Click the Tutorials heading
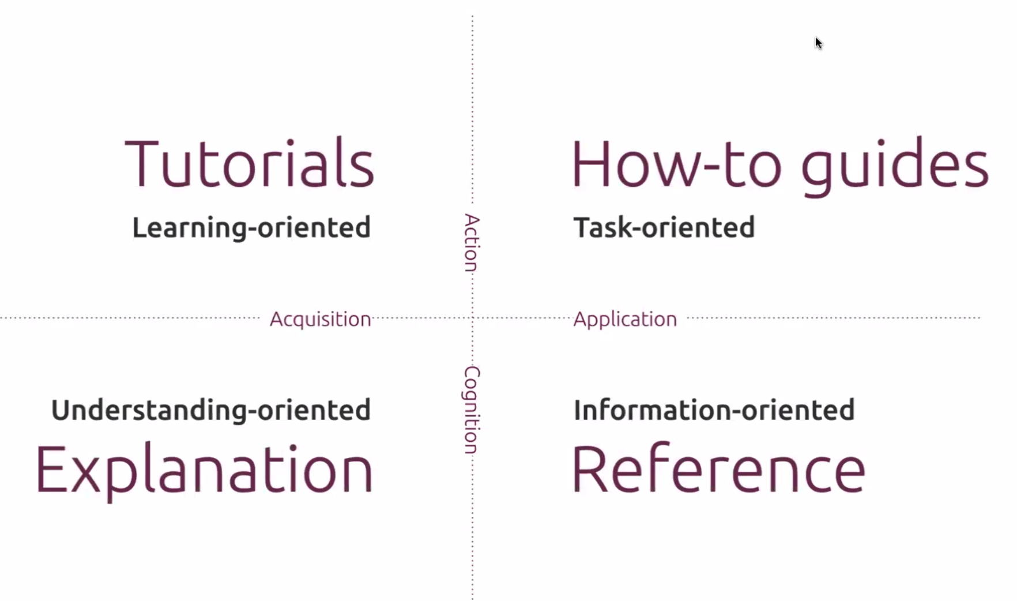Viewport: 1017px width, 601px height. [x=249, y=163]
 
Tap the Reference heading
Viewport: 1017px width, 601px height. [x=718, y=468]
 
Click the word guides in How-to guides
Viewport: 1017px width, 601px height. [x=895, y=166]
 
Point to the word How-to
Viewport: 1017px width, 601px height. [x=677, y=164]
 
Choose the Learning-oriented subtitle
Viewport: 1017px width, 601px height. [x=251, y=227]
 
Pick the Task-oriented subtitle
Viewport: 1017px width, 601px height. [x=664, y=227]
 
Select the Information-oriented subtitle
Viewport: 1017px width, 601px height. [x=714, y=410]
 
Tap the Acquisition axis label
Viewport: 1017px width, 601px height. [x=321, y=319]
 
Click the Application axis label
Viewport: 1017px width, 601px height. [x=625, y=319]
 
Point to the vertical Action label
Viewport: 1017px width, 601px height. [x=472, y=243]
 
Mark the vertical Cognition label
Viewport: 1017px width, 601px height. [x=472, y=410]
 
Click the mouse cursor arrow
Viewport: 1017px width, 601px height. [x=819, y=43]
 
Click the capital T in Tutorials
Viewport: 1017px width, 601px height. [x=142, y=164]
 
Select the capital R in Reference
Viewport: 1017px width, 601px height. [x=589, y=468]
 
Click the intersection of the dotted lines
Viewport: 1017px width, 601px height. [x=472, y=318]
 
